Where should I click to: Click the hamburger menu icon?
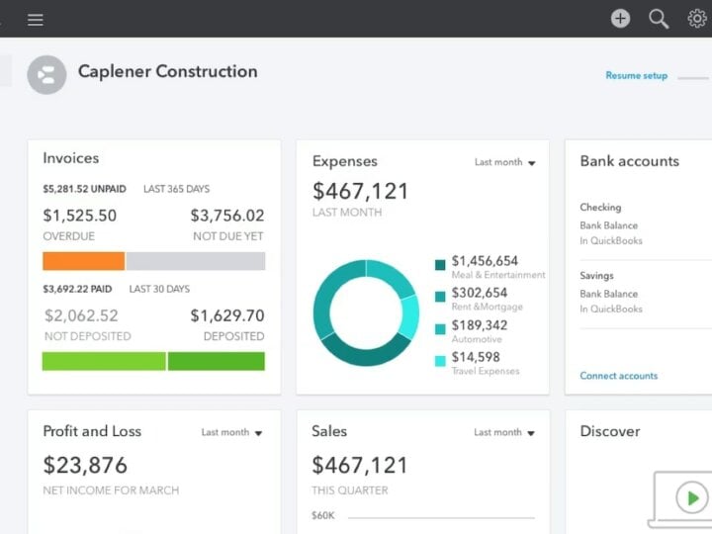pyautogui.click(x=36, y=19)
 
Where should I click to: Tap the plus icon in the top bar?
pyautogui.click(x=620, y=18)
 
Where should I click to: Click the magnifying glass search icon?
pyautogui.click(x=659, y=18)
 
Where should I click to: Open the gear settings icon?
pyautogui.click(x=697, y=18)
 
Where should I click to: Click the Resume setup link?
pyautogui.click(x=636, y=75)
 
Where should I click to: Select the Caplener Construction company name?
pyautogui.click(x=167, y=71)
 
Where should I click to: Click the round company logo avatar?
pyautogui.click(x=46, y=74)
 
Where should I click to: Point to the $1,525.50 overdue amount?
pyautogui.click(x=79, y=216)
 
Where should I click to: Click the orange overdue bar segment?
pyautogui.click(x=83, y=261)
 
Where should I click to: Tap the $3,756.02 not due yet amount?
pyautogui.click(x=226, y=216)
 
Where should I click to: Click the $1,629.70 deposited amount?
pyautogui.click(x=226, y=315)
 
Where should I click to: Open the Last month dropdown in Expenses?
pyautogui.click(x=504, y=162)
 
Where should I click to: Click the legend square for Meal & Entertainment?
pyautogui.click(x=440, y=264)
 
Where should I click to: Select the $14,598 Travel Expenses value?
pyautogui.click(x=476, y=357)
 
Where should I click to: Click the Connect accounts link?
pyautogui.click(x=618, y=376)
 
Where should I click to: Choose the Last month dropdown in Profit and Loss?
pyautogui.click(x=231, y=432)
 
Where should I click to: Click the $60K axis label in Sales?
pyautogui.click(x=322, y=515)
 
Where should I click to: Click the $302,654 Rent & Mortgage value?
pyautogui.click(x=480, y=293)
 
